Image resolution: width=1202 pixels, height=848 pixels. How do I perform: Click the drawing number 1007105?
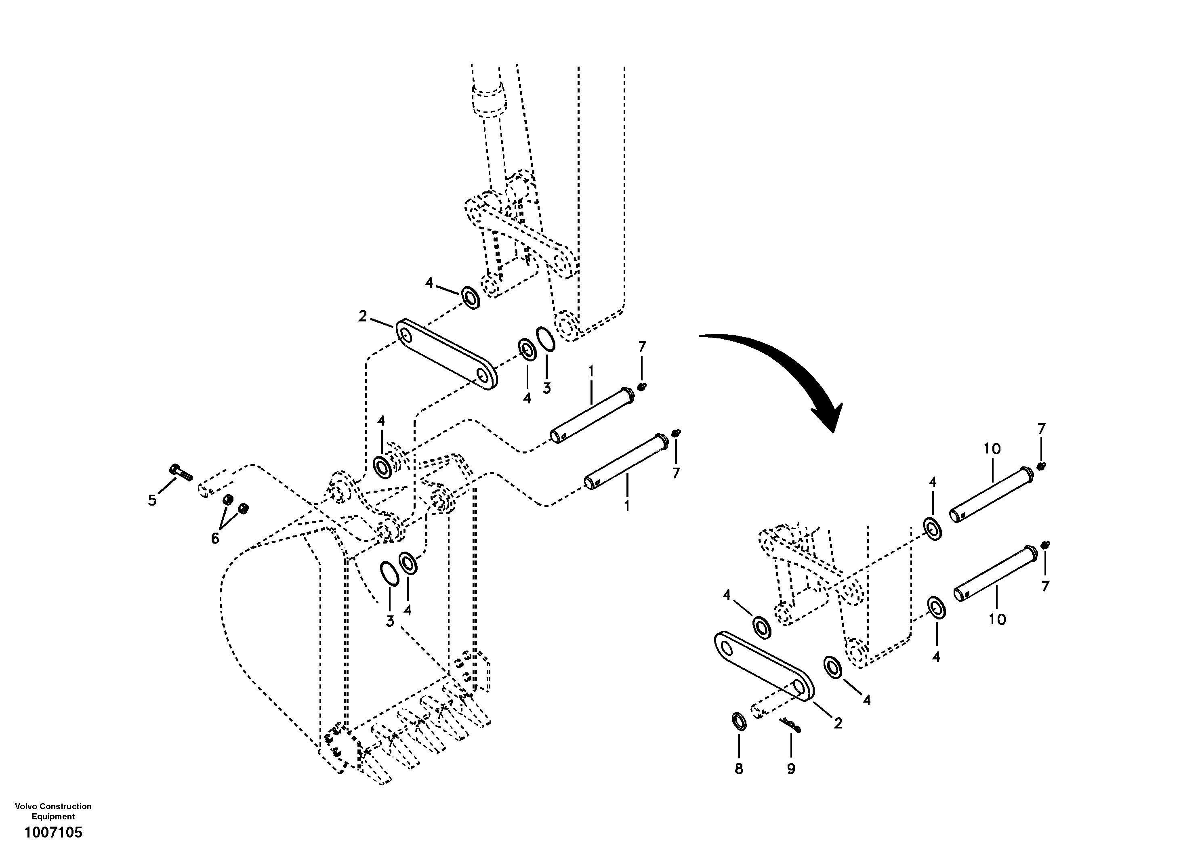click(53, 832)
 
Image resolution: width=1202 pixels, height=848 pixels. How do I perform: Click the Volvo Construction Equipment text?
click(53, 811)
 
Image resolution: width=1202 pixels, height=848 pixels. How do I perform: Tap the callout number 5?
click(152, 500)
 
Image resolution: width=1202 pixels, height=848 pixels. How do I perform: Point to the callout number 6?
click(214, 538)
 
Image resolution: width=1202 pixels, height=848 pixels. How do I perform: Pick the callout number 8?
click(739, 769)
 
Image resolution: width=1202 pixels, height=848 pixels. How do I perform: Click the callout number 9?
click(790, 769)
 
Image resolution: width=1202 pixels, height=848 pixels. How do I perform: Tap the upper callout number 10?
click(992, 449)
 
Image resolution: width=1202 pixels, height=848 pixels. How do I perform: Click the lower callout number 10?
click(997, 619)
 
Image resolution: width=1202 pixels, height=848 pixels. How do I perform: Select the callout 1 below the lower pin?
click(627, 506)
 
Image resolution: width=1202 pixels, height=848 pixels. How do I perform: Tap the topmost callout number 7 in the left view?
click(642, 346)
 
